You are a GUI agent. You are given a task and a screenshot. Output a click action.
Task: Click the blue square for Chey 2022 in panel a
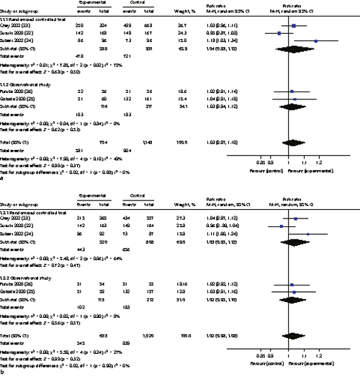pos(293,25)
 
